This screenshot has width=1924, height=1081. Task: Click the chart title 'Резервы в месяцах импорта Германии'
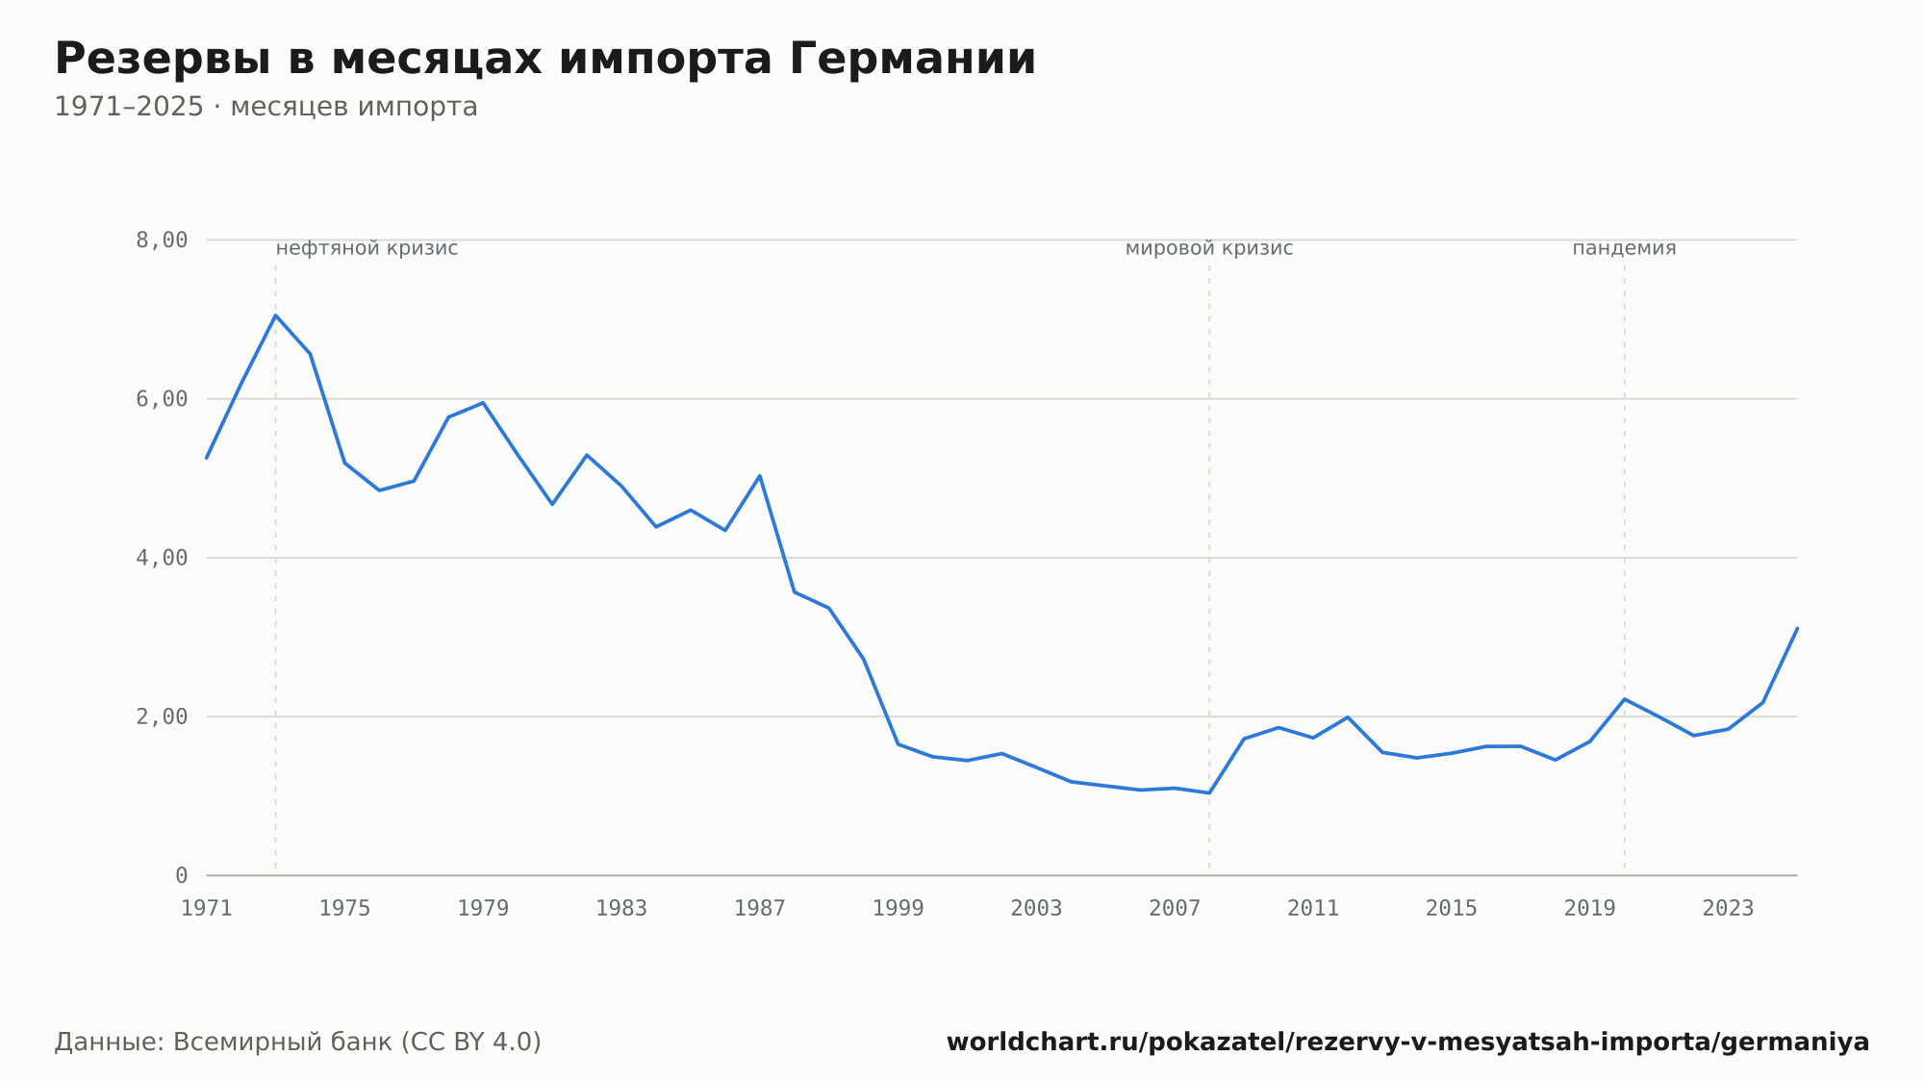545,60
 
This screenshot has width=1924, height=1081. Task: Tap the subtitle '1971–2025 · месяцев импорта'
266,107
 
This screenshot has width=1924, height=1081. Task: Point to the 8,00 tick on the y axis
162,240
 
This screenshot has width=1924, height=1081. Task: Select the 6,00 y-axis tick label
162,399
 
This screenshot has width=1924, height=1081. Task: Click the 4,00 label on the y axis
162,558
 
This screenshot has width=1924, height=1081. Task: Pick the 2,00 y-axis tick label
162,716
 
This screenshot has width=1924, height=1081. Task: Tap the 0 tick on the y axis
181,875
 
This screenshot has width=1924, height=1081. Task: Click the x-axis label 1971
207,909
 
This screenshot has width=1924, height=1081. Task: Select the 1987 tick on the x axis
760,909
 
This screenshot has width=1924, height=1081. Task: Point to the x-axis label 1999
899,909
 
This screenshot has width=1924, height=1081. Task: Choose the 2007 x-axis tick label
1175,909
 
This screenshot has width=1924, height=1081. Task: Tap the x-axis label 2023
1729,909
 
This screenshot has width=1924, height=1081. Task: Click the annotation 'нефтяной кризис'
367,249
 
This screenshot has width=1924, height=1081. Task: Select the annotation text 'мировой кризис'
1209,249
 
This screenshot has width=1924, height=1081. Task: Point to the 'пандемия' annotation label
1625,249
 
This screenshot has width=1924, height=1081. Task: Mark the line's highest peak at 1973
275,314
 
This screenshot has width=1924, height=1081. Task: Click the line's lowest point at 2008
1209,793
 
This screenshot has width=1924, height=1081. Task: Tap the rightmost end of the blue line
1797,628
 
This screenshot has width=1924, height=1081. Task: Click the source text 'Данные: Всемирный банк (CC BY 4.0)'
298,1043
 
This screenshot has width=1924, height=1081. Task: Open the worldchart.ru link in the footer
1408,1043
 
